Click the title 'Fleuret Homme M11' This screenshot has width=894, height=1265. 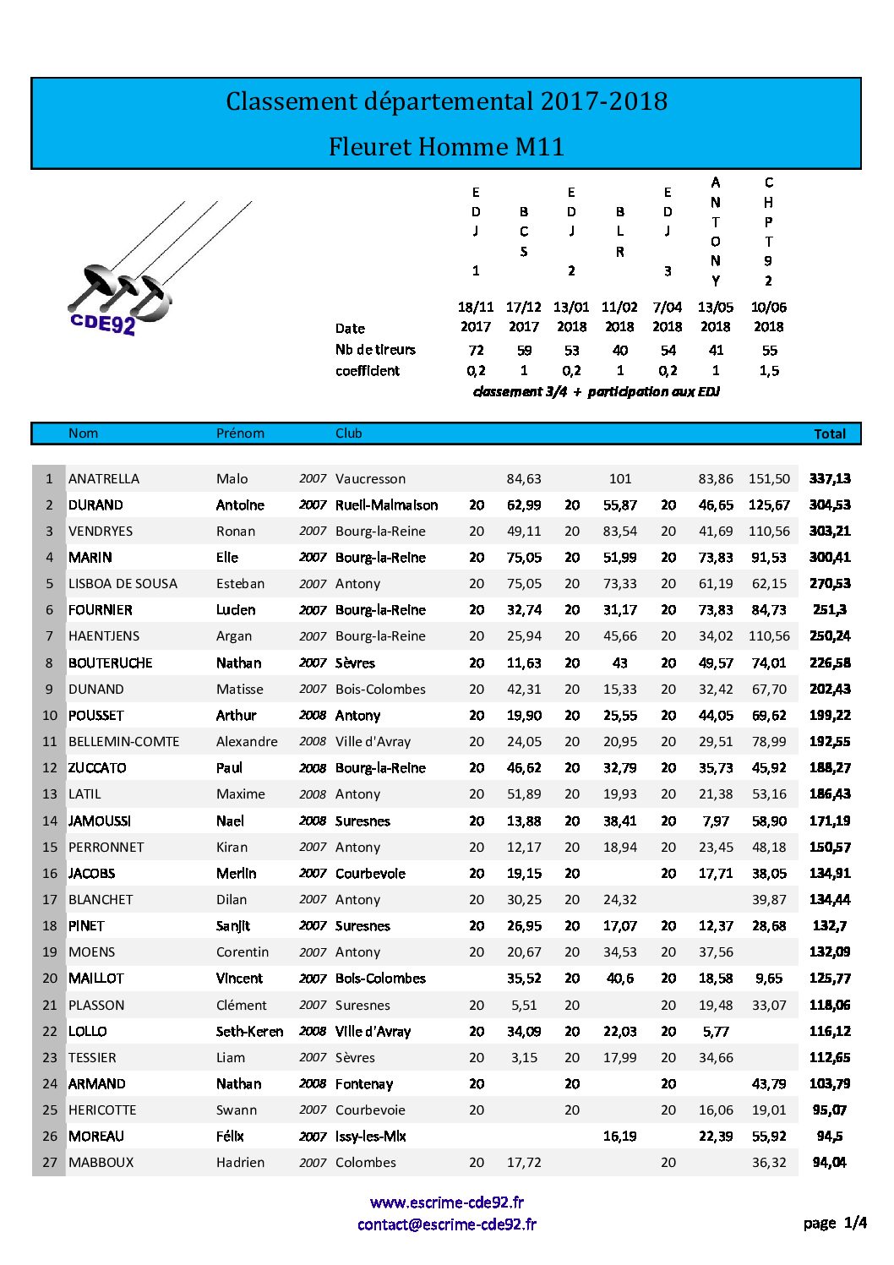(x=446, y=146)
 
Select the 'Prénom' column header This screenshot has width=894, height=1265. (x=240, y=433)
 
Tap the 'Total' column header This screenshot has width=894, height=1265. (x=829, y=433)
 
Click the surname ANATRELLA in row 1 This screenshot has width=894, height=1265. (x=103, y=478)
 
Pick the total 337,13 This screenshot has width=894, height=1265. (x=830, y=478)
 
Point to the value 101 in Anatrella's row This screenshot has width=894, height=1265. (x=619, y=478)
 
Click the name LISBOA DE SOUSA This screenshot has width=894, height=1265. (x=123, y=583)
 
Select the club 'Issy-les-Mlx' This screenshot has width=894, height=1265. (x=370, y=1136)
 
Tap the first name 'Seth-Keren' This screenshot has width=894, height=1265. (x=249, y=1031)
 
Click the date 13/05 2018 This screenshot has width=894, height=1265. (x=715, y=317)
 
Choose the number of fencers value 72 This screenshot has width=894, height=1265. (x=476, y=350)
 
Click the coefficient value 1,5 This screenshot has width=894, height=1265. (x=768, y=371)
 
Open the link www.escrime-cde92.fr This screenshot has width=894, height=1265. (x=446, y=1202)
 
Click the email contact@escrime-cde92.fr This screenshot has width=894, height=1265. (x=446, y=1224)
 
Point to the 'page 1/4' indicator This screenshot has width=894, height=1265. (x=834, y=1223)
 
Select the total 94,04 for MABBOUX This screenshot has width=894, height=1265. (x=829, y=1162)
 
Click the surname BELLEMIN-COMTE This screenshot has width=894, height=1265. (x=123, y=741)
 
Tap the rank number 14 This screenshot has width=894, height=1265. (x=50, y=821)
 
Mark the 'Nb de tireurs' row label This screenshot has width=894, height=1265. (x=375, y=350)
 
